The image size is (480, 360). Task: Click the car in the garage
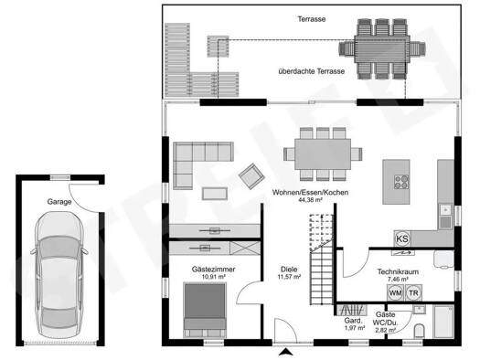[x=59, y=274]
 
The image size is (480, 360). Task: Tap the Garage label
[x=59, y=202]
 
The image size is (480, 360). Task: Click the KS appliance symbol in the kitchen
[x=402, y=238]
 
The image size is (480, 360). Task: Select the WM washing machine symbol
[x=395, y=292]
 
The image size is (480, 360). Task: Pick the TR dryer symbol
[x=413, y=292]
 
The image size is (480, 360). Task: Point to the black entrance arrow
[x=286, y=352]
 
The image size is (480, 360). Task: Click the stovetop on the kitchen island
[x=401, y=182]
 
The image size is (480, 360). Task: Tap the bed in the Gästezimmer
[x=205, y=310]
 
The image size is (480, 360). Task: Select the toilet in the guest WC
[x=419, y=331]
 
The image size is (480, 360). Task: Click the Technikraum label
[x=398, y=271]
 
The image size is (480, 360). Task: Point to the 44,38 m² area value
[x=311, y=200]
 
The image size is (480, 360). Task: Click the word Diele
[x=289, y=270]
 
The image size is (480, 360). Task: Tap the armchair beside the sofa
[x=251, y=176]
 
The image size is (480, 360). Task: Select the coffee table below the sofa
[x=215, y=194]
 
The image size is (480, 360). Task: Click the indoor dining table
[x=323, y=154]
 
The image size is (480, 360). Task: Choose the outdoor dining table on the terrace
[x=382, y=49]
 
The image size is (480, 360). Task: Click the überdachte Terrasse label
[x=312, y=71]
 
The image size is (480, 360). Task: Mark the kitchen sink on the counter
[x=445, y=216]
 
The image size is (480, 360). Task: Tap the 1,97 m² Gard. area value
[x=355, y=328]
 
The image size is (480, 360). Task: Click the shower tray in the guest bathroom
[x=443, y=322]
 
